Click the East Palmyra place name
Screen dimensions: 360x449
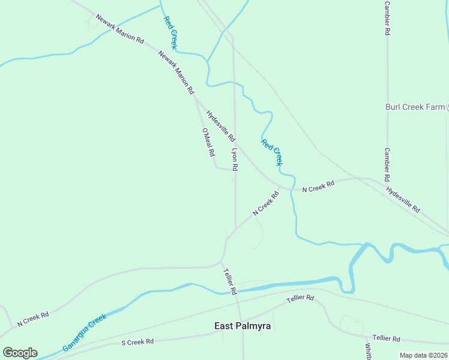coord(243,326)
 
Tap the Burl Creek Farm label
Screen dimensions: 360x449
coord(415,107)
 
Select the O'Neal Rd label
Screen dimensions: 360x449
coord(208,142)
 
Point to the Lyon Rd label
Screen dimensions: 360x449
coord(235,160)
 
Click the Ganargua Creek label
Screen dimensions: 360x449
coord(84,332)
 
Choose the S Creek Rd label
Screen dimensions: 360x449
coord(137,341)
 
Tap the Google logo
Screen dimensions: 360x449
coord(20,353)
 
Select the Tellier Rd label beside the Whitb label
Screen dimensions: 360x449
coord(385,338)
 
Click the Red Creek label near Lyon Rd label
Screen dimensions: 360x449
coord(271,152)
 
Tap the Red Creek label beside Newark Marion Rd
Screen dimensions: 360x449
coord(170,32)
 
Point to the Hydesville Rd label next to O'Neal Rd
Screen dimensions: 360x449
coord(220,125)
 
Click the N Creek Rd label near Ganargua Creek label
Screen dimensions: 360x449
coord(32,318)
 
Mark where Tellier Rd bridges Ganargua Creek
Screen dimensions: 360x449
coord(233,290)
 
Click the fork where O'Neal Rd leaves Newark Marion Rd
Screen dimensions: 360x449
coord(196,98)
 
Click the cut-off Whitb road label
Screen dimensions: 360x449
coord(368,350)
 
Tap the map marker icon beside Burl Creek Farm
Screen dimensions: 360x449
coord(447,107)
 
